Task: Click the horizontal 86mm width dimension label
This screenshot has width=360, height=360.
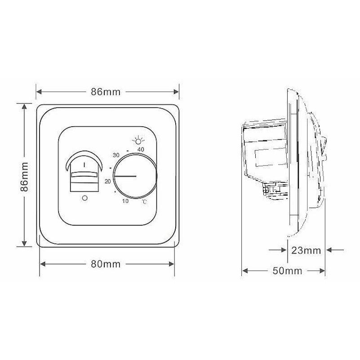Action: (x=106, y=92)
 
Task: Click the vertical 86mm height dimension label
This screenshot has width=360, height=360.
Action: (x=24, y=177)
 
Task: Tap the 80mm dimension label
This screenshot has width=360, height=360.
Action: (x=106, y=264)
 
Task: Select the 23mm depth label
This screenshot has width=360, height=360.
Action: (x=306, y=250)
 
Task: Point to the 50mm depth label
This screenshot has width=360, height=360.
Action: (x=288, y=271)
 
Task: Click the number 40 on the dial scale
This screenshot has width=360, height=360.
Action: (x=141, y=150)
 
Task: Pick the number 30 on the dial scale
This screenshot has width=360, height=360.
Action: (x=116, y=155)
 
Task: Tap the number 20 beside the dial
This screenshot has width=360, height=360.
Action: (x=108, y=182)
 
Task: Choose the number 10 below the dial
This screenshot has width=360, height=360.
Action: (x=125, y=201)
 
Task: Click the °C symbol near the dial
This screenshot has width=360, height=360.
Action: (x=144, y=202)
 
